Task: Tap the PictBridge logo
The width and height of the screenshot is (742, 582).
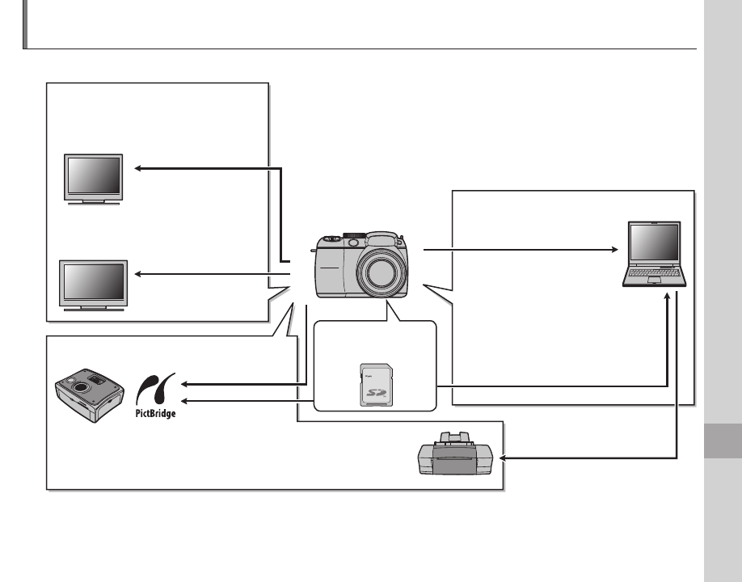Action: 155,395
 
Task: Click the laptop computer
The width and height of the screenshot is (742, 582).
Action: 655,254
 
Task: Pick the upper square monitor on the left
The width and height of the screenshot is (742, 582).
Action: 94,177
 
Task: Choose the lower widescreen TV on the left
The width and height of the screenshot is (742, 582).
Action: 93,282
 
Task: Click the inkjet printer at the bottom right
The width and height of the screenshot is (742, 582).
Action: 455,454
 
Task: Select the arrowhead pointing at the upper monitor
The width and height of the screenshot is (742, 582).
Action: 138,168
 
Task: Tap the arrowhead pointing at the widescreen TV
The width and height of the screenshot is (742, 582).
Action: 138,275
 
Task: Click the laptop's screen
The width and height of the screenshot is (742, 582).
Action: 656,244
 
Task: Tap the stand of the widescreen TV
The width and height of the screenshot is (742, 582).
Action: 93,307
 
